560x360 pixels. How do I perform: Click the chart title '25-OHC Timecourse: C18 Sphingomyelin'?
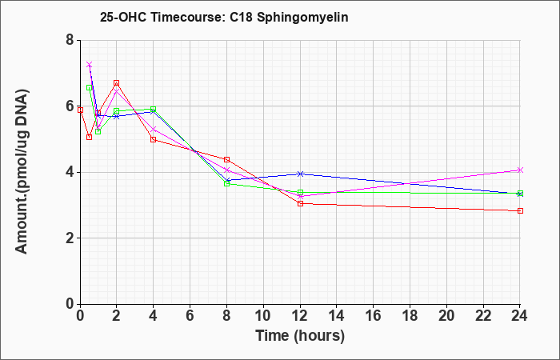pyautogui.click(x=224, y=17)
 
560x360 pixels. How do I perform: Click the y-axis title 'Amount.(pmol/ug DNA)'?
pyautogui.click(x=22, y=172)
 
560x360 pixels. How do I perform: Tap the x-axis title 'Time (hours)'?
pyautogui.click(x=300, y=336)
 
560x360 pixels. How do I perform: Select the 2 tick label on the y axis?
pyautogui.click(x=70, y=238)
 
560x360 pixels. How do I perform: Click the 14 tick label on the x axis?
pyautogui.click(x=337, y=315)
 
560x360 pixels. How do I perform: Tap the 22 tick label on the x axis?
pyautogui.click(x=483, y=315)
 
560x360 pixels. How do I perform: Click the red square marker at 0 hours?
pyautogui.click(x=80, y=110)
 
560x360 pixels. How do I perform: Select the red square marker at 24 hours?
pyautogui.click(x=520, y=210)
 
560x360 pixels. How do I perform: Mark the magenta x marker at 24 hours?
pyautogui.click(x=520, y=170)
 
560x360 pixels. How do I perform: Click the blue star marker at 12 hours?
pyautogui.click(x=300, y=174)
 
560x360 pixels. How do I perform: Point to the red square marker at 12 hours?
pyautogui.click(x=300, y=203)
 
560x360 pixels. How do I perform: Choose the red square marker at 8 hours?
pyautogui.click(x=226, y=159)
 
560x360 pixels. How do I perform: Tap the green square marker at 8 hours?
pyautogui.click(x=226, y=183)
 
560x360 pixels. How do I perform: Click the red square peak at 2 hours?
pyautogui.click(x=117, y=83)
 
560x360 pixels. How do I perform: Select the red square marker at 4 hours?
pyautogui.click(x=154, y=140)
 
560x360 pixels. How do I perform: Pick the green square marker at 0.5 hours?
pyautogui.click(x=90, y=87)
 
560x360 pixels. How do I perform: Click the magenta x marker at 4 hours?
pyautogui.click(x=154, y=129)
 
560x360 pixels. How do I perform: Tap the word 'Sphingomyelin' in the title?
pyautogui.click(x=302, y=18)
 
